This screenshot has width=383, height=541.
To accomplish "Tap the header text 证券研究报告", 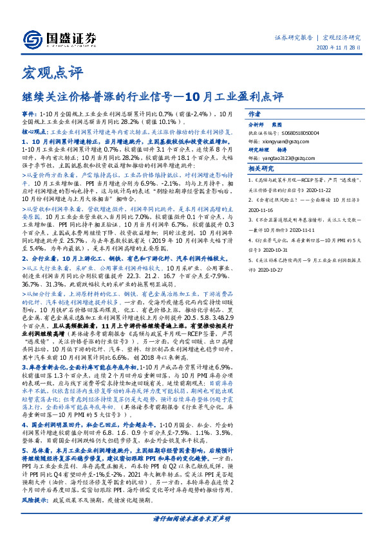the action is [x=294, y=38].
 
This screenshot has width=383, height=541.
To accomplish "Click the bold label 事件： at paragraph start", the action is [x=30, y=113].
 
